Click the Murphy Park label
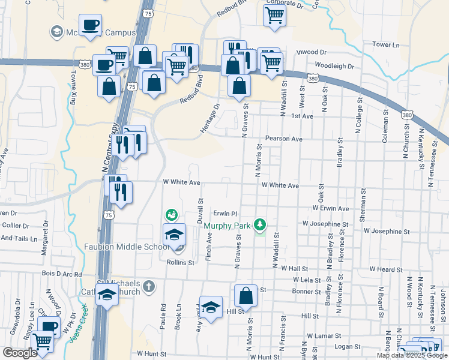227,226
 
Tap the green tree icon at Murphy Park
260,225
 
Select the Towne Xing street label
74,88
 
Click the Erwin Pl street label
226,213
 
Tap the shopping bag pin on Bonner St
246,295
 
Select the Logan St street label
347,346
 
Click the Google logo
20,353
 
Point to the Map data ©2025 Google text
412,355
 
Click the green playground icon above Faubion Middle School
172,214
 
